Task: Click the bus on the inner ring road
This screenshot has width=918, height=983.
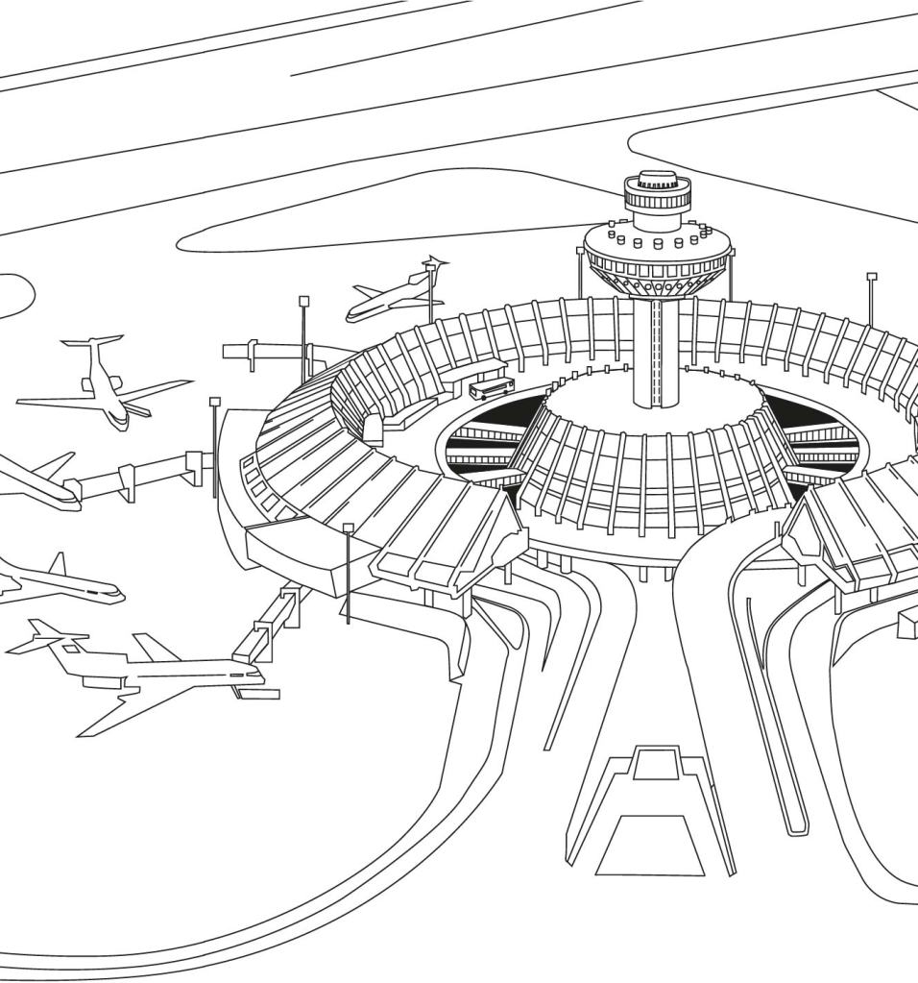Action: coord(491,388)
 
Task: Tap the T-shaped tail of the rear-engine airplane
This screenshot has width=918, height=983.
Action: coord(93,342)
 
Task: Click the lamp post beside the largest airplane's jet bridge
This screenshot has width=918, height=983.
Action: coord(348,572)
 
